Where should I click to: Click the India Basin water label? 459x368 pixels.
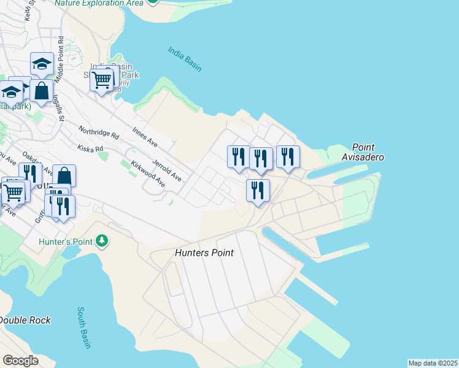point(185,59)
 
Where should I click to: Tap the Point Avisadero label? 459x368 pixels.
point(368,152)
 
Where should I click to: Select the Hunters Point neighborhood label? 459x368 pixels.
point(204,252)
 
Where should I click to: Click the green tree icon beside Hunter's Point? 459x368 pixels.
point(102,241)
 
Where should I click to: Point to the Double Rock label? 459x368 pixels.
point(25,320)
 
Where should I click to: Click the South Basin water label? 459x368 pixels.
point(84,328)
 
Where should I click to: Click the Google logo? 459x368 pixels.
point(20,361)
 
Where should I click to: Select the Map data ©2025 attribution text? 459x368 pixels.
point(433,363)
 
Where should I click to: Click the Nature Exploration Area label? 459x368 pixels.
point(99,3)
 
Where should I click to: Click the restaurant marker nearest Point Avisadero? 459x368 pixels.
point(287,156)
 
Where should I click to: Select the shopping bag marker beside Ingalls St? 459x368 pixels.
point(41,91)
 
